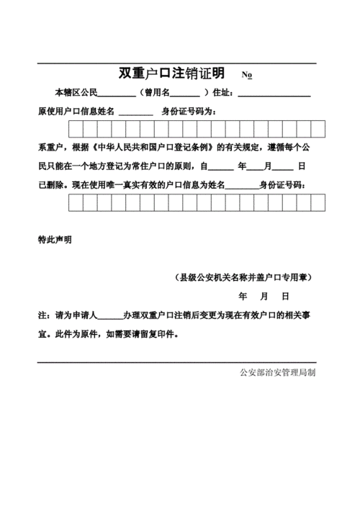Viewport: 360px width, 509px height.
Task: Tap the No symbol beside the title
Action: click(246, 76)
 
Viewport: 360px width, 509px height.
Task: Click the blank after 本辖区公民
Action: click(116, 94)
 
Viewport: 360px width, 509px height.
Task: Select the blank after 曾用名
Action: click(185, 94)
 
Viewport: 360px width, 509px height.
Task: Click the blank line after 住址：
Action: click(274, 94)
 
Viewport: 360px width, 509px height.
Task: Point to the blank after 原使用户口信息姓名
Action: click(135, 112)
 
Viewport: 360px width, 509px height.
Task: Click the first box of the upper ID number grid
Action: click(76, 129)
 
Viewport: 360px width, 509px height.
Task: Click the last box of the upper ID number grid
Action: click(318, 129)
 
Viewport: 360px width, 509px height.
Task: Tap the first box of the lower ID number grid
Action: click(76, 203)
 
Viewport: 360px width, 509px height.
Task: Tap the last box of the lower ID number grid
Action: click(318, 203)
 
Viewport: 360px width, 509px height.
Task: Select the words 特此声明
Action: click(55, 240)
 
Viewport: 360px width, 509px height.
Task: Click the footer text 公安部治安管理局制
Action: click(277, 372)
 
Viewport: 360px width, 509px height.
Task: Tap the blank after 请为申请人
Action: click(110, 316)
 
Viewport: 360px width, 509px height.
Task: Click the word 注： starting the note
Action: click(44, 316)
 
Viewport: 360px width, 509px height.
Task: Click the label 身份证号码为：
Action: click(188, 112)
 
